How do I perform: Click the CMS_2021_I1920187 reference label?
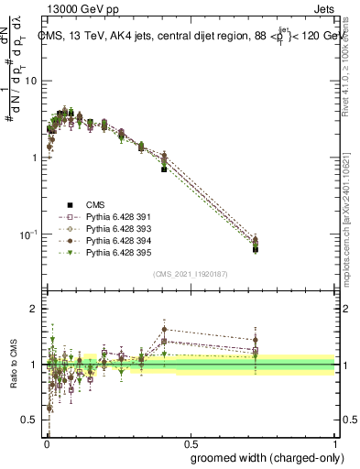pyautogui.click(x=191, y=274)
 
